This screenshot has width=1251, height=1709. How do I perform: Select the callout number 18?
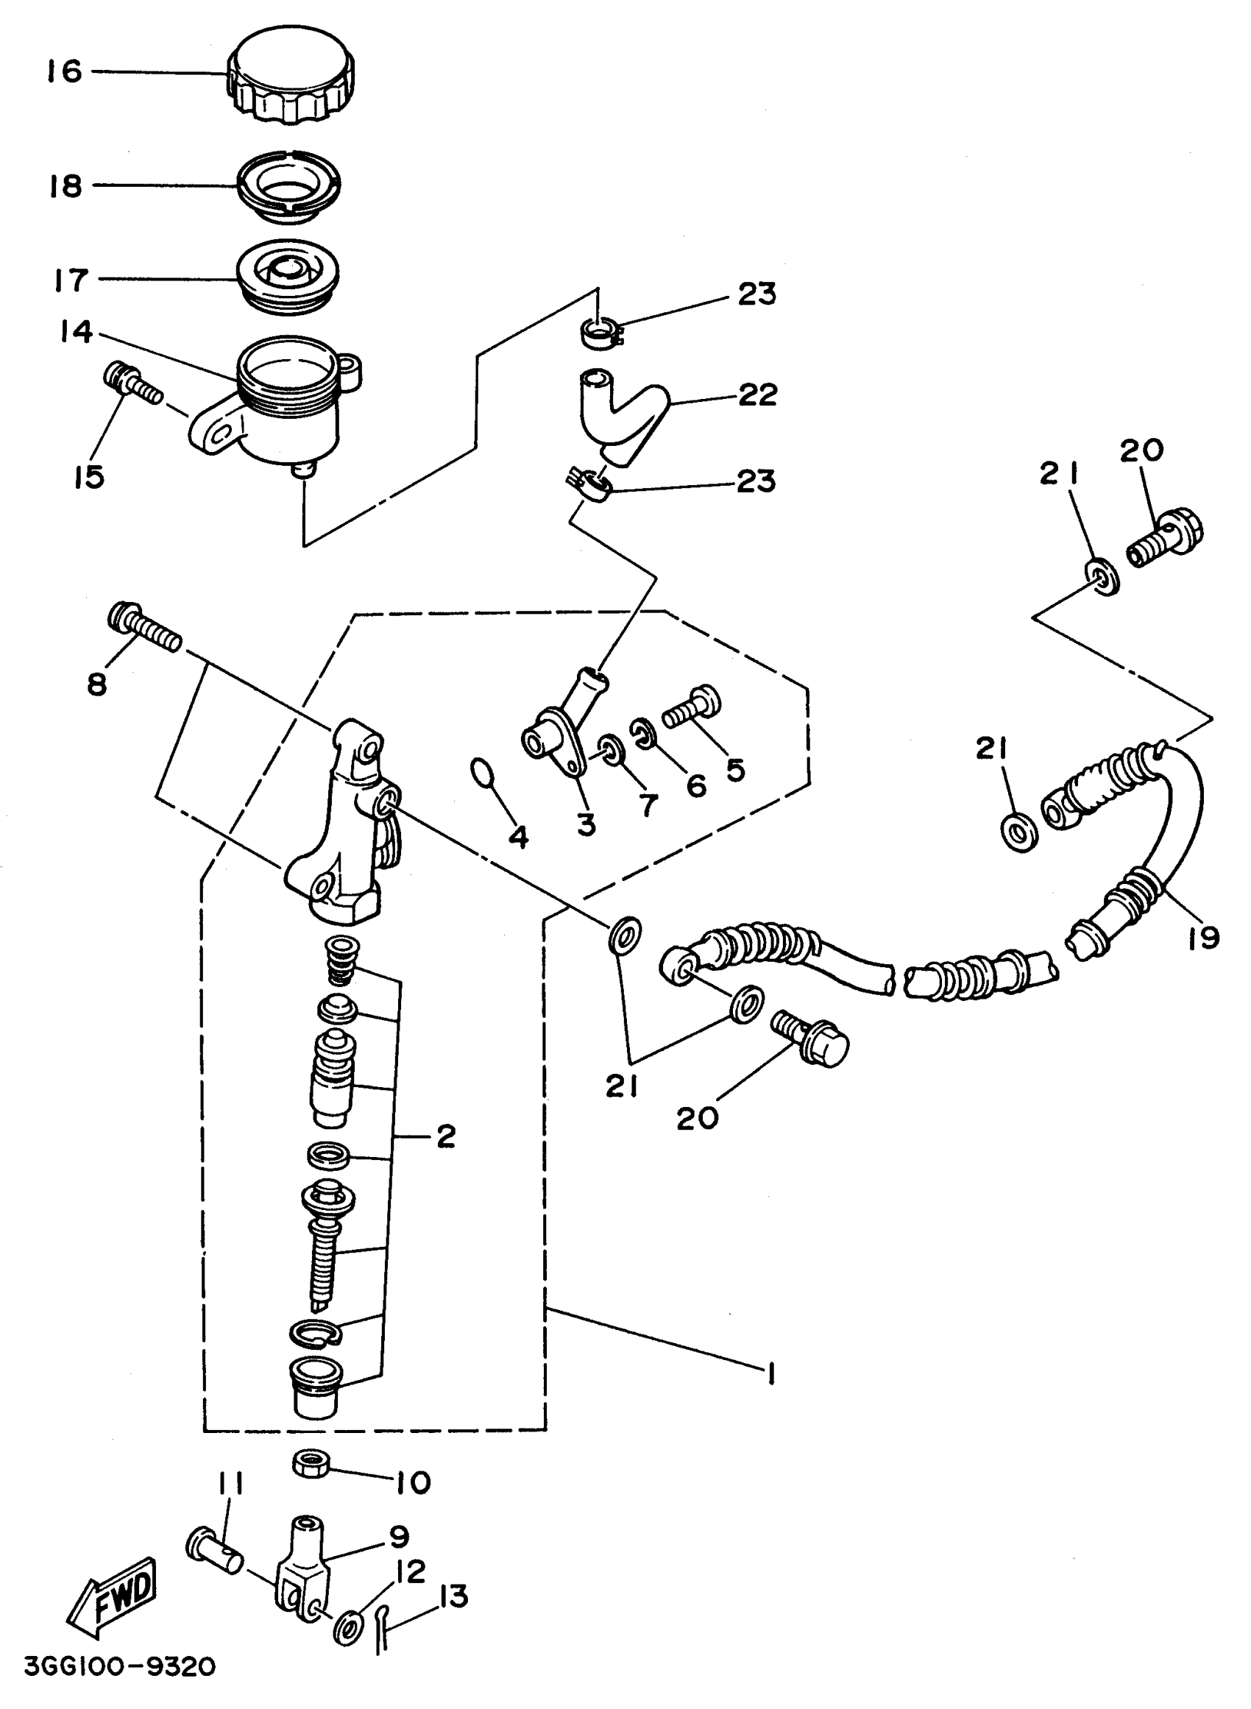[x=65, y=185]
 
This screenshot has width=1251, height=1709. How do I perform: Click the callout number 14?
[x=77, y=332]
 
